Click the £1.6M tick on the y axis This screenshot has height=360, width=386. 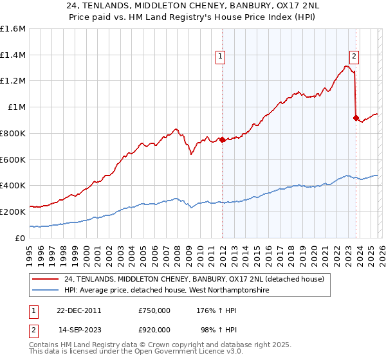pos(13,29)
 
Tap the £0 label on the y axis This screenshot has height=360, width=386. pos(19,238)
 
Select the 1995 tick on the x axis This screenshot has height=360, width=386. pos(30,251)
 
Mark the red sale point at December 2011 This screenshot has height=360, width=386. pos(222,139)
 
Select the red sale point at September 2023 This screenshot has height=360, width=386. pos(356,118)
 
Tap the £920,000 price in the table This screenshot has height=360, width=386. pos(154,329)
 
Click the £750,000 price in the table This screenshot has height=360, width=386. pos(154,310)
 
